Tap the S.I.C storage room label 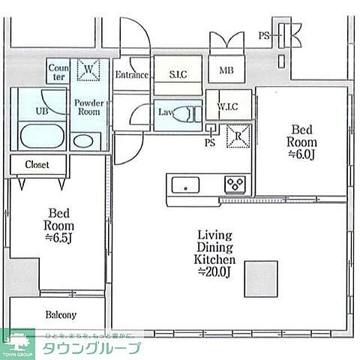tap(178, 74)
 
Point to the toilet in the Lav tap(187, 115)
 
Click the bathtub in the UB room tap(42, 137)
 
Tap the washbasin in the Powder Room tap(84, 141)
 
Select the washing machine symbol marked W tap(88, 70)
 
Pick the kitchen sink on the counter tap(184, 184)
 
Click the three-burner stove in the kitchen tap(235, 184)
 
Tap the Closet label tap(36, 164)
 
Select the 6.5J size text tap(58, 238)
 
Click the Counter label tap(58, 71)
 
